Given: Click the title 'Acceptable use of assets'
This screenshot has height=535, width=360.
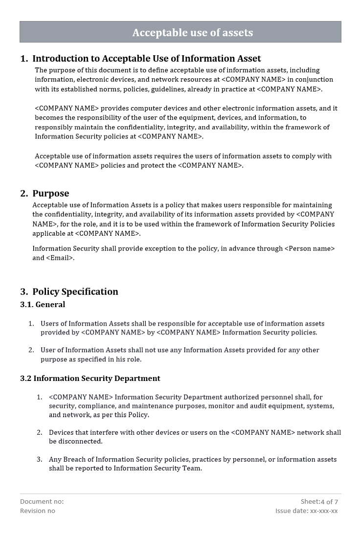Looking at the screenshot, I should click(x=192, y=33).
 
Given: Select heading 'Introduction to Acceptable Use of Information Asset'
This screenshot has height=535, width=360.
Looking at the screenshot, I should click(x=146, y=59).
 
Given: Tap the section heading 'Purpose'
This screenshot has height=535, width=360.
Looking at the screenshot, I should click(x=50, y=193).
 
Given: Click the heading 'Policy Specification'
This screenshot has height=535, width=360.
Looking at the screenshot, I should click(x=75, y=291).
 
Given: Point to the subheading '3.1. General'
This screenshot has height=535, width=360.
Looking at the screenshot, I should click(x=43, y=305).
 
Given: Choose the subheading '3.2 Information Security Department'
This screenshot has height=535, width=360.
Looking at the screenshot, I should click(x=90, y=379).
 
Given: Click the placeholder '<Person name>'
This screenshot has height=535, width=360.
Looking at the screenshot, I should click(x=309, y=248).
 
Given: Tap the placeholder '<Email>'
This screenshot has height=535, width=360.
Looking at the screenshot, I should click(x=60, y=258).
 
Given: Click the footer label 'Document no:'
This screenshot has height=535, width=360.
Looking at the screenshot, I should click(x=42, y=501).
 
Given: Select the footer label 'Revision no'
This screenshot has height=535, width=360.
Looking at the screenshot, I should click(x=38, y=511).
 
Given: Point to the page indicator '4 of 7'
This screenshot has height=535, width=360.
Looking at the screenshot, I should click(x=329, y=502).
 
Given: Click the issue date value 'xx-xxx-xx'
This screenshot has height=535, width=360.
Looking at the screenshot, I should click(x=324, y=511).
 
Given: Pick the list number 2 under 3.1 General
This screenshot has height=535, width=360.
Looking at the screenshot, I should click(x=31, y=350).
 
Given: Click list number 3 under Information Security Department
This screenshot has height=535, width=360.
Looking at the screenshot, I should click(x=39, y=459).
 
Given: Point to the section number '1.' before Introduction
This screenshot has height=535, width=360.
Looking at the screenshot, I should click(x=24, y=59).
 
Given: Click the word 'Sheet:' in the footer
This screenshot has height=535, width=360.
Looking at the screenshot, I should click(x=310, y=501).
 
